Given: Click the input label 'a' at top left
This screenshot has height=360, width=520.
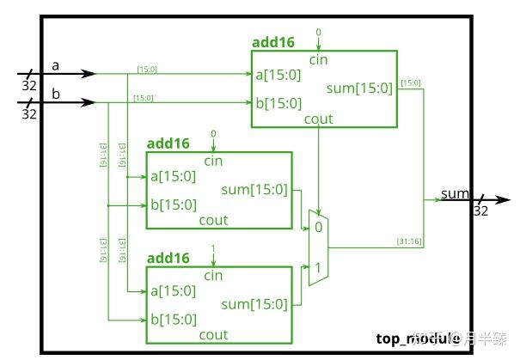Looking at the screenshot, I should [55, 64].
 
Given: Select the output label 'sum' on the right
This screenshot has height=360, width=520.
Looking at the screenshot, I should [455, 193].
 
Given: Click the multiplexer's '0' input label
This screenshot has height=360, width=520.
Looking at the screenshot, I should [317, 228].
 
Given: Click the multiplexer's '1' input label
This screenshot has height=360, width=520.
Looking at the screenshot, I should [317, 268].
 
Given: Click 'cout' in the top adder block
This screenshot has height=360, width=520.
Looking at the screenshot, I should [319, 119].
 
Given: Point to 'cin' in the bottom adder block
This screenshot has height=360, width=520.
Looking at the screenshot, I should [213, 276].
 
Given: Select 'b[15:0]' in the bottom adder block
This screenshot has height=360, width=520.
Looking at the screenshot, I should [173, 320].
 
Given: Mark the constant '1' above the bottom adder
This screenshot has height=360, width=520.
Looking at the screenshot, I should [213, 248].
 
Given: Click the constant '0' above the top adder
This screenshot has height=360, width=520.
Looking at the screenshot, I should [318, 32].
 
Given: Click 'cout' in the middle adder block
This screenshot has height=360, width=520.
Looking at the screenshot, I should [213, 220].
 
